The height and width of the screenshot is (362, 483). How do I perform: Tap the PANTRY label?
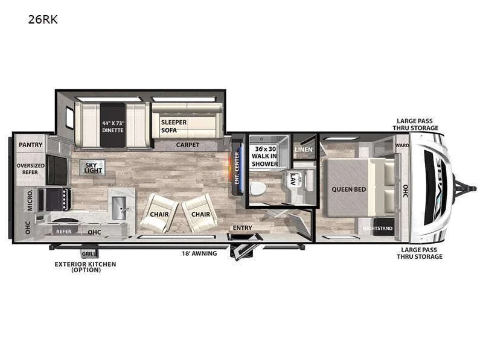[30, 145]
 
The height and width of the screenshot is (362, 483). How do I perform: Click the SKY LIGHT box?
[92, 167]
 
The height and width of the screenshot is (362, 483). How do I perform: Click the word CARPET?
[187, 145]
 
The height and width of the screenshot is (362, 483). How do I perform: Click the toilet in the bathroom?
[258, 188]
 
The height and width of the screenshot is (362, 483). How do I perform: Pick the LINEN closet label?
[303, 149]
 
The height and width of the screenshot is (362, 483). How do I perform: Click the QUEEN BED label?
[348, 189]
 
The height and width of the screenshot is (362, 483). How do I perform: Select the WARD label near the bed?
[402, 145]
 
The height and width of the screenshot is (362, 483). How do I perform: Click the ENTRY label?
[243, 227]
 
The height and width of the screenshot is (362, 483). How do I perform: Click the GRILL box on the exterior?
[89, 254]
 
